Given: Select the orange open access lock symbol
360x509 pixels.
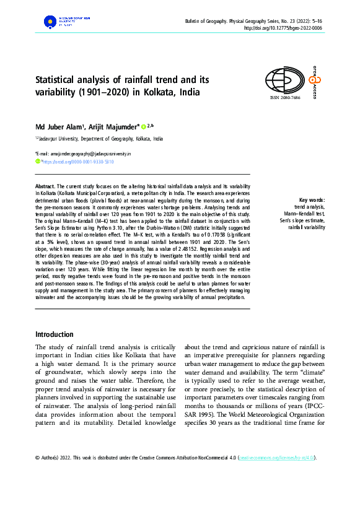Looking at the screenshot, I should tap(314, 78).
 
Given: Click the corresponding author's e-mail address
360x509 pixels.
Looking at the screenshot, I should tap(86, 153).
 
